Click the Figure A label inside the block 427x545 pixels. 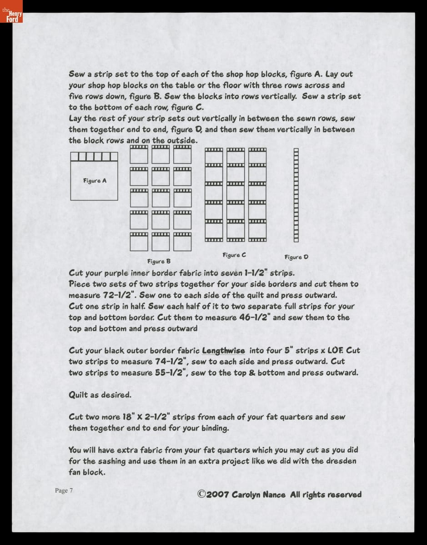(x=95, y=181)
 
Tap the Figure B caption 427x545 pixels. (x=159, y=262)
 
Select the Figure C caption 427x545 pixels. (x=234, y=255)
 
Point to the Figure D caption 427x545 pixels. (x=296, y=257)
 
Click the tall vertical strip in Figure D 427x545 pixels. (x=296, y=195)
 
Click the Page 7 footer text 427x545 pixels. (x=64, y=490)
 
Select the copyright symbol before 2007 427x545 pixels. (x=201, y=494)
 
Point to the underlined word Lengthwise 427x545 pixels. (x=223, y=351)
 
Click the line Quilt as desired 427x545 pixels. (x=100, y=395)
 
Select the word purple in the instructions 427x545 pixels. (x=117, y=273)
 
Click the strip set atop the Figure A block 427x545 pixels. (x=94, y=157)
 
